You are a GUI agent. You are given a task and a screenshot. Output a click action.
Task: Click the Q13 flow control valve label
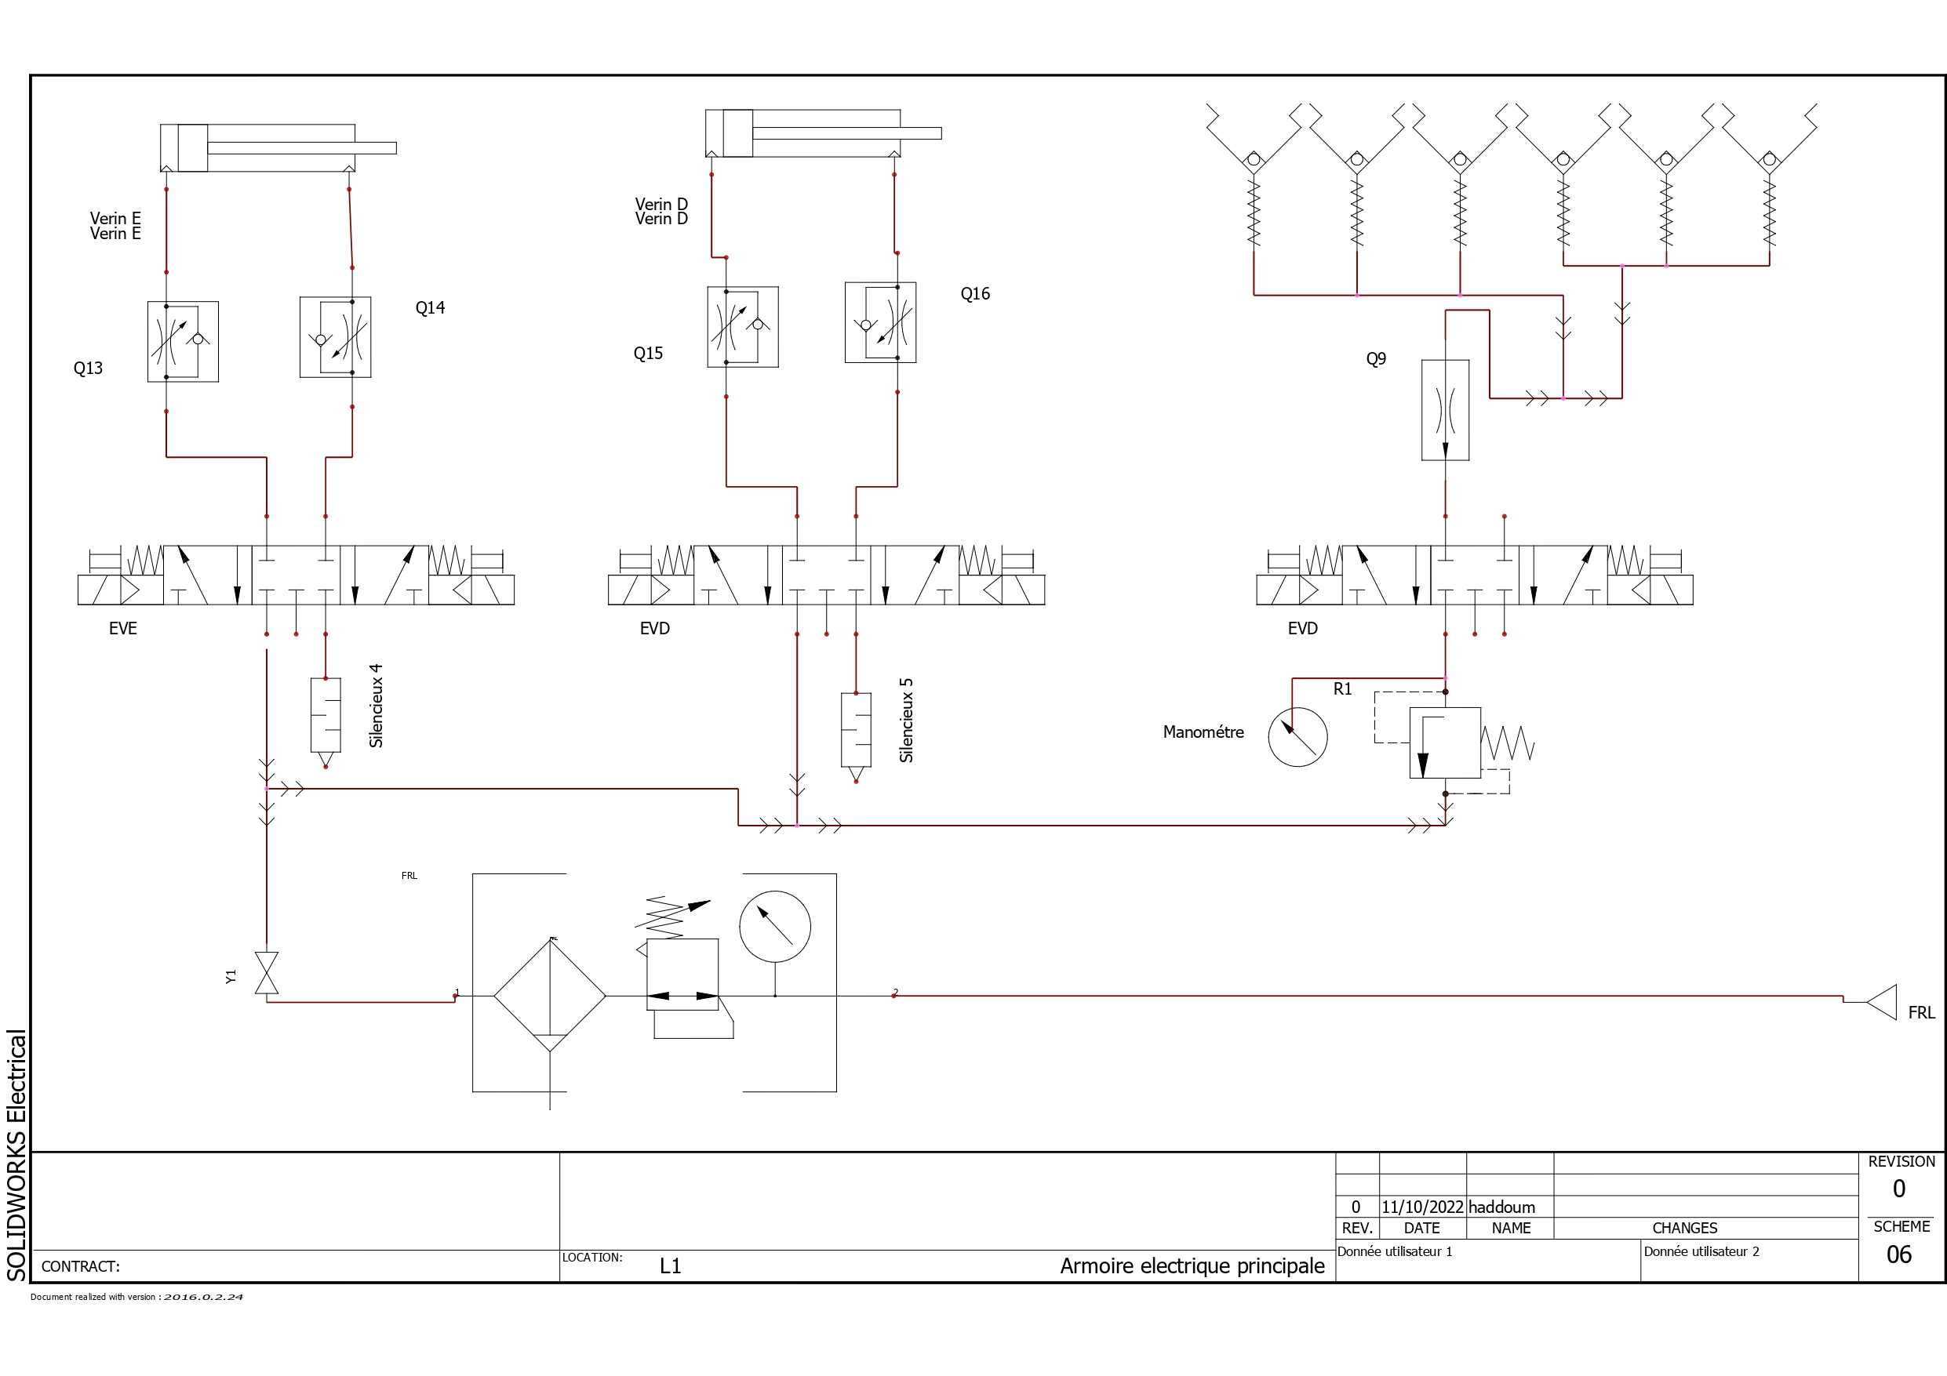[88, 368]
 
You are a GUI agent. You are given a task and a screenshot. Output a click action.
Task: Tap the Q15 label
[648, 354]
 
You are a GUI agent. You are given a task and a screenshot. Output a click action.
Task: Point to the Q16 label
[975, 293]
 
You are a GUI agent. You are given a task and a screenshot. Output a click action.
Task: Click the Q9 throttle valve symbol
[1445, 410]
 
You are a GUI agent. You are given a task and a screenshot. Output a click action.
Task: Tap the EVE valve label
[123, 628]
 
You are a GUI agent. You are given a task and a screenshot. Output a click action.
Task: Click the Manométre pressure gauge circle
[1297, 737]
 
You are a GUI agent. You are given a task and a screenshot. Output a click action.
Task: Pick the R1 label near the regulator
[1342, 689]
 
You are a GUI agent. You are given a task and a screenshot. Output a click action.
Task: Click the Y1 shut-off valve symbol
[266, 972]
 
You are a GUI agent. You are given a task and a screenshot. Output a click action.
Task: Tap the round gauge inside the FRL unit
[775, 927]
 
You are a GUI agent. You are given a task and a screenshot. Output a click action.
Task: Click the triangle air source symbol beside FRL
[1882, 1002]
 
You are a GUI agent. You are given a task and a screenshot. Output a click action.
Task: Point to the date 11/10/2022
[1423, 1207]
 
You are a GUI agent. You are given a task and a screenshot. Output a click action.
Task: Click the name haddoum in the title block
[1501, 1207]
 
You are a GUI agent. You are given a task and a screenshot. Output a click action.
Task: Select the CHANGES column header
[1685, 1229]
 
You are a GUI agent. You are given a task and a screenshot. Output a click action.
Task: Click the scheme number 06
[1899, 1254]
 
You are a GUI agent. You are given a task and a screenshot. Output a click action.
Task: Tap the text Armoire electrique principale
[1192, 1265]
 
